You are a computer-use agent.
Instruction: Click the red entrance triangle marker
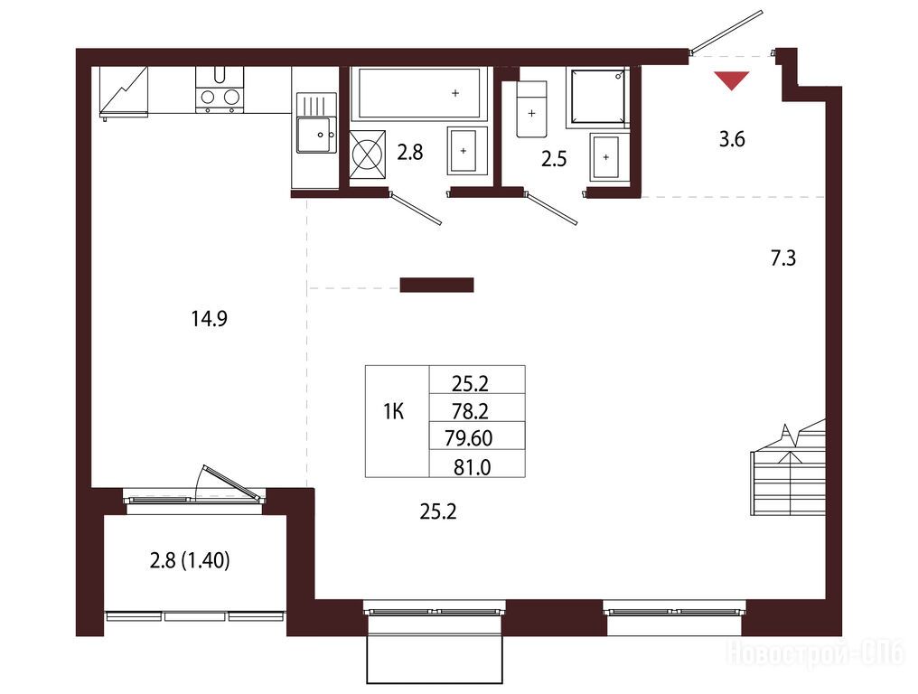732,80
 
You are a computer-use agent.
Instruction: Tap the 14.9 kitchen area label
209,319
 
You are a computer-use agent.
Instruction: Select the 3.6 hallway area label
732,139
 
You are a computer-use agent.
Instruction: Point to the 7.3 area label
782,258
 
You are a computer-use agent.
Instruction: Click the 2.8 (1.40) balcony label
190,560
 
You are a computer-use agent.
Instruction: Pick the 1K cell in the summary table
394,412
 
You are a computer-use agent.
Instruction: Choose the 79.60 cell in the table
468,438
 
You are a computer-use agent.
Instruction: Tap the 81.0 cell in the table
472,467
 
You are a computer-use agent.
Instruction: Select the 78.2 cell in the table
470,411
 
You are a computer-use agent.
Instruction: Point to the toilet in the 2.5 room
531,109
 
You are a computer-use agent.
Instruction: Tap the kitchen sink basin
316,135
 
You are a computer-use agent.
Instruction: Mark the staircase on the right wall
789,468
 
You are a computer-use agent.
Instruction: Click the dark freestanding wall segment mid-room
436,286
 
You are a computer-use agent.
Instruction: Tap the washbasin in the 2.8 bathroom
467,151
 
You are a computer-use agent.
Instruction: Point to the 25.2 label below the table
438,511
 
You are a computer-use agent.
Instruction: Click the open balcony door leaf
232,482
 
